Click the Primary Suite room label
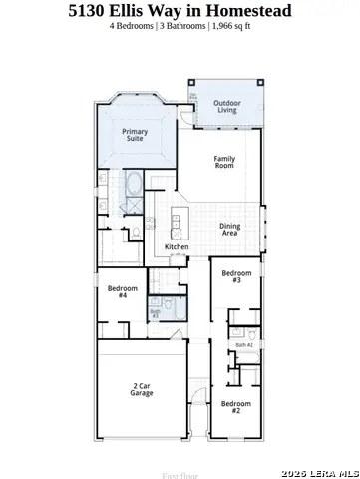pyautogui.click(x=134, y=135)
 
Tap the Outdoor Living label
pyautogui.click(x=227, y=105)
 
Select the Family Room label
pyautogui.click(x=224, y=164)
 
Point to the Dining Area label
pyautogui.click(x=229, y=229)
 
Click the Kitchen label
pyautogui.click(x=177, y=247)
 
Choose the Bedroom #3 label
pyautogui.click(x=236, y=276)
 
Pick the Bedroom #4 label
pyautogui.click(x=122, y=291)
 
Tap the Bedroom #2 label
pyautogui.click(x=235, y=406)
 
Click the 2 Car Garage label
pyautogui.click(x=141, y=389)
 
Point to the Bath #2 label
pyautogui.click(x=243, y=344)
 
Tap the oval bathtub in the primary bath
pyautogui.click(x=135, y=183)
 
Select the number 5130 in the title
pyautogui.click(x=88, y=10)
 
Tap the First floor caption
pyautogui.click(x=180, y=475)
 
